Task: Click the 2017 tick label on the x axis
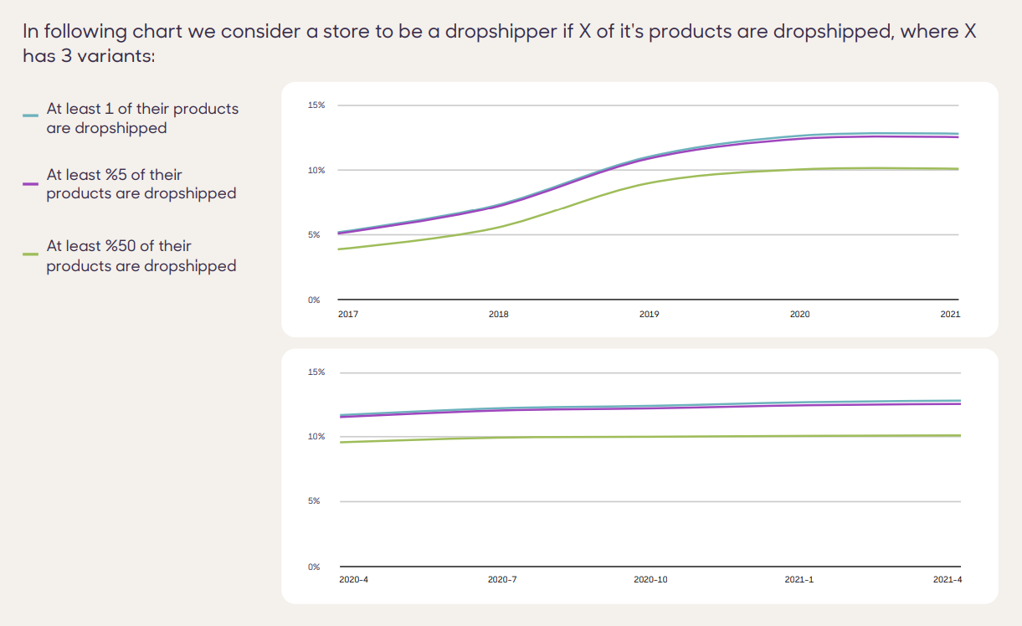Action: (347, 315)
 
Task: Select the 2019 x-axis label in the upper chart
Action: (649, 315)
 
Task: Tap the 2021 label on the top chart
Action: (950, 315)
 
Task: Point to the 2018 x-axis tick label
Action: (498, 315)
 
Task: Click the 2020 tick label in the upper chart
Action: (799, 315)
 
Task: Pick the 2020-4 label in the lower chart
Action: (352, 580)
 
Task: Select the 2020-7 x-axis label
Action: (502, 580)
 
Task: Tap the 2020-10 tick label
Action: (650, 580)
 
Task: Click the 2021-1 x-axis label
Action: (799, 580)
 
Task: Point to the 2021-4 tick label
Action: (948, 580)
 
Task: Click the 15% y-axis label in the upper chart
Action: (316, 105)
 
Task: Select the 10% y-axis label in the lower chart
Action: (316, 437)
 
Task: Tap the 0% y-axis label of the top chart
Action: (314, 300)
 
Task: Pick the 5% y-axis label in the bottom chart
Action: (315, 501)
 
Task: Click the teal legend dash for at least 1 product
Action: (30, 115)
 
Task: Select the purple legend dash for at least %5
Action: (30, 183)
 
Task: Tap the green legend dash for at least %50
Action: (30, 254)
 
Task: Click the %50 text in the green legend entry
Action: (119, 246)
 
